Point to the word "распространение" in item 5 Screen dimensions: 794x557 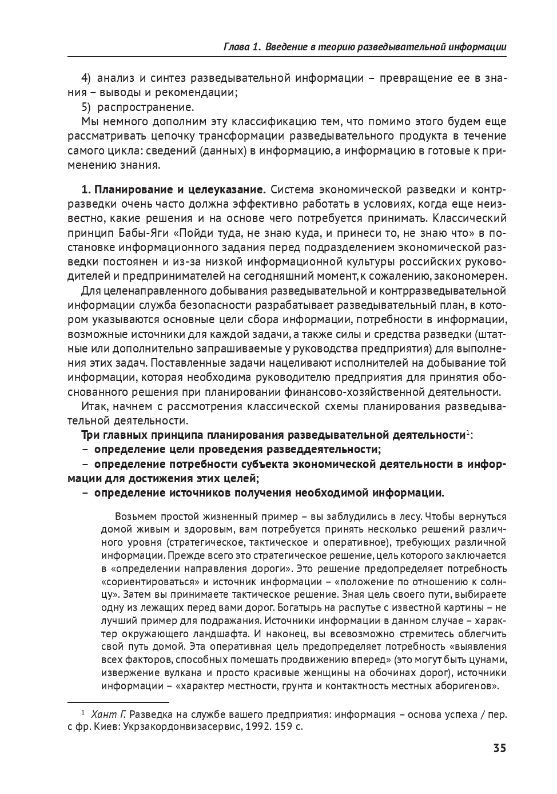(x=145, y=107)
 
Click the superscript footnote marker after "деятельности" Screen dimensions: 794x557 (x=467, y=432)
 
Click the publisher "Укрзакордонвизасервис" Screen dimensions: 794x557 (x=184, y=727)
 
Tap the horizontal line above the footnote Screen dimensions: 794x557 (x=118, y=701)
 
